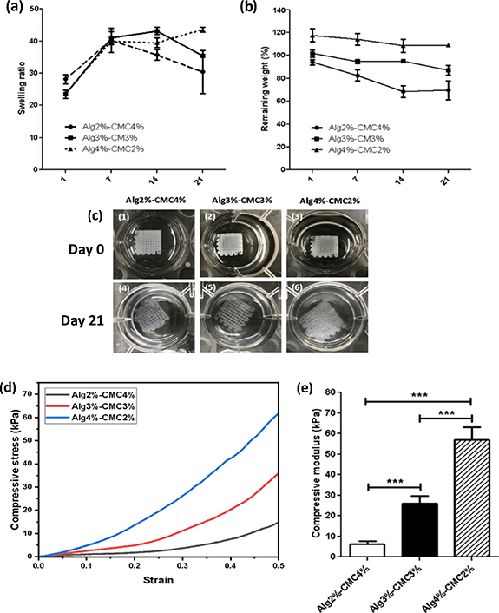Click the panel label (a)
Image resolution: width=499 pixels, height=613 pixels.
point(12,10)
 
